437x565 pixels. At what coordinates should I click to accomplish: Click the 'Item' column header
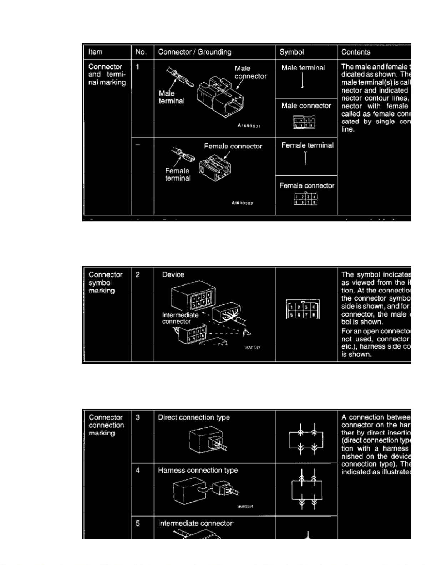click(95, 52)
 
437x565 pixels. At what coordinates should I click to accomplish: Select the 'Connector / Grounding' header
click(194, 52)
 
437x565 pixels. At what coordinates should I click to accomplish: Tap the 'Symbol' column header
click(291, 52)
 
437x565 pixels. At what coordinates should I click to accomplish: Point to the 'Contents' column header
click(356, 52)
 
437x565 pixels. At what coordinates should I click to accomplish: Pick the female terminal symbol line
click(305, 159)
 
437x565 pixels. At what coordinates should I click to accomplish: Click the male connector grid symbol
click(304, 122)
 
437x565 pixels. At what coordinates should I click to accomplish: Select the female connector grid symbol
click(306, 199)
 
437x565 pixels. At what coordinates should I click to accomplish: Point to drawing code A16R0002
click(242, 203)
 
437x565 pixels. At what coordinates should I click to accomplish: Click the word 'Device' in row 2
click(173, 275)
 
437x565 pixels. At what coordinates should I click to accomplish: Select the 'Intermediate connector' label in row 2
click(180, 318)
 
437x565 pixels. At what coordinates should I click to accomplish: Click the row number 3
click(138, 417)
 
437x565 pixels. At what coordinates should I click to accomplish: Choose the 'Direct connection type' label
click(194, 417)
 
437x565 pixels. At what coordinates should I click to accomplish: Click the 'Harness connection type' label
click(198, 471)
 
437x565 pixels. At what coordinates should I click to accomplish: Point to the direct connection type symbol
click(307, 440)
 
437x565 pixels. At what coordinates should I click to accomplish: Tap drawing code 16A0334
click(245, 507)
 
